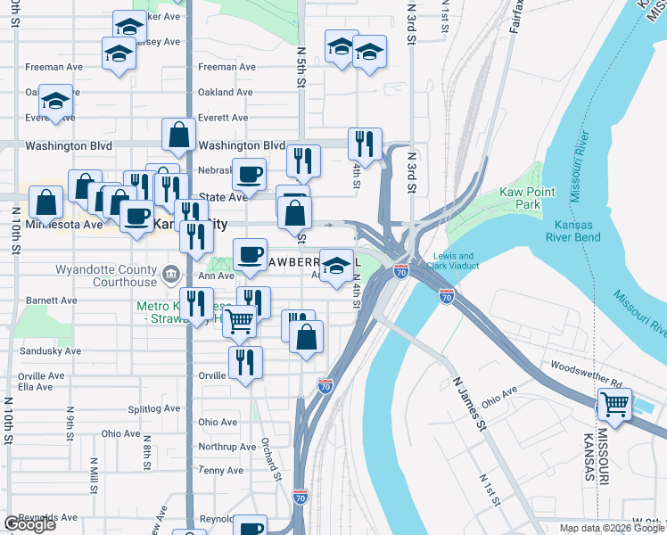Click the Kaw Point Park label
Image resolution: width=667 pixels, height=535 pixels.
pos(527,198)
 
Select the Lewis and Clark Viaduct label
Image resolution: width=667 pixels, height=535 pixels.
pos(456,260)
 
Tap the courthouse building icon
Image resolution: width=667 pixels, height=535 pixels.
pos(172,271)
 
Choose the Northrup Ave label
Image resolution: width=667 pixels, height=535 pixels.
pos(227,447)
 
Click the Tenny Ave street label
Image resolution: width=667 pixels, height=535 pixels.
pos(222,470)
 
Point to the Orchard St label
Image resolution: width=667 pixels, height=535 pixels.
pos(272,458)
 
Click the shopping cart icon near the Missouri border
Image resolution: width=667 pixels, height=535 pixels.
pos(614,403)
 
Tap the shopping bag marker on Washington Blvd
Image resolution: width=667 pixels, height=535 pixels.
pos(178,135)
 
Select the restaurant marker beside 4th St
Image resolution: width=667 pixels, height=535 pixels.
pos(365,143)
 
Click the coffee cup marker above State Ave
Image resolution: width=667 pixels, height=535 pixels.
pos(249,173)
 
